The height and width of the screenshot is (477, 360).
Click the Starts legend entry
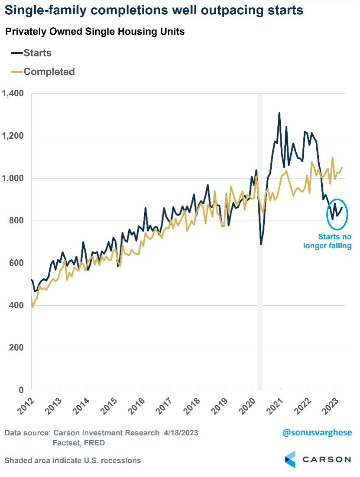(37, 53)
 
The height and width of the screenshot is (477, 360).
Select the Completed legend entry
(49, 72)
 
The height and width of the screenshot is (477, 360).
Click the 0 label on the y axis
(21, 390)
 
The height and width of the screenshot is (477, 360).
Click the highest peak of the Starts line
(279, 113)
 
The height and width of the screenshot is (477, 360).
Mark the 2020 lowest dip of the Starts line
(261, 244)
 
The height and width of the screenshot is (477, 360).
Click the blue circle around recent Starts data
(337, 214)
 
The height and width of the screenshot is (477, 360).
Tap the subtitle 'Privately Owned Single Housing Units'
(95, 32)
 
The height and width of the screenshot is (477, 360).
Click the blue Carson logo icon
(290, 459)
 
